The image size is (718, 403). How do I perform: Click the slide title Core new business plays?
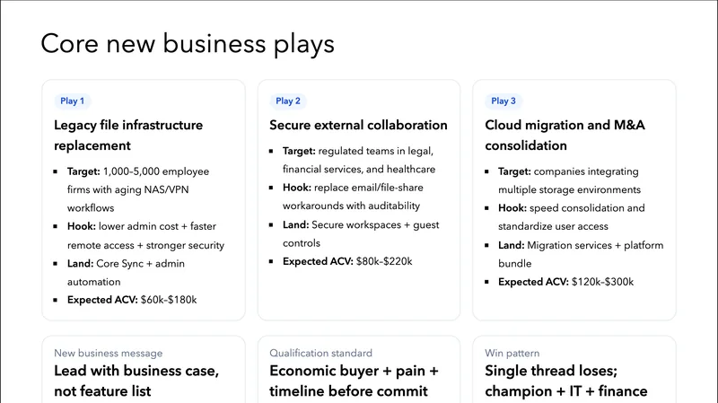[x=188, y=44]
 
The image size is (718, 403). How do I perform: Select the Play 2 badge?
[x=288, y=101]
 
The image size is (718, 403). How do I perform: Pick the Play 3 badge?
[x=503, y=101]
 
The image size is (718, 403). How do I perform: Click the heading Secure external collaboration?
[x=358, y=126]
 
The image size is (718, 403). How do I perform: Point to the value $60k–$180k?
[x=169, y=300]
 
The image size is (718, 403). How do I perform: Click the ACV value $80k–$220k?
[x=384, y=261]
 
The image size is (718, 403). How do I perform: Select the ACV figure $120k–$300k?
[x=603, y=281]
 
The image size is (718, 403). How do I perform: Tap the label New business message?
[x=109, y=353]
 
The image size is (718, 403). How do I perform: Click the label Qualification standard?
[x=320, y=353]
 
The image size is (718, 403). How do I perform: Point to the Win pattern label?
[x=512, y=353]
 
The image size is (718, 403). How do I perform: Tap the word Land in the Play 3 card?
[x=512, y=244]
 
